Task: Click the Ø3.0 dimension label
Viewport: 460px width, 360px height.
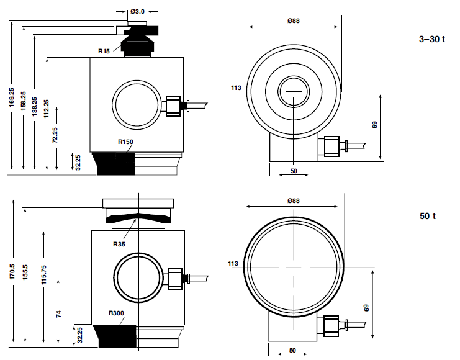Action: (138, 11)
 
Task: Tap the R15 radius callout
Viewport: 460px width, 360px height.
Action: (104, 51)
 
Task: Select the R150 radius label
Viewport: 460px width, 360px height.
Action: (126, 142)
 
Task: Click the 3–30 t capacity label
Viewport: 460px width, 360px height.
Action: (432, 39)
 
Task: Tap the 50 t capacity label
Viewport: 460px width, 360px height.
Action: (427, 217)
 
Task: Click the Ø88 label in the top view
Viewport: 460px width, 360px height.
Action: (294, 21)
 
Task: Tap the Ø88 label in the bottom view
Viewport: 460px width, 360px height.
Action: (294, 200)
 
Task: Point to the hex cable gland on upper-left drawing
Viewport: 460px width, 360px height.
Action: (173, 107)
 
